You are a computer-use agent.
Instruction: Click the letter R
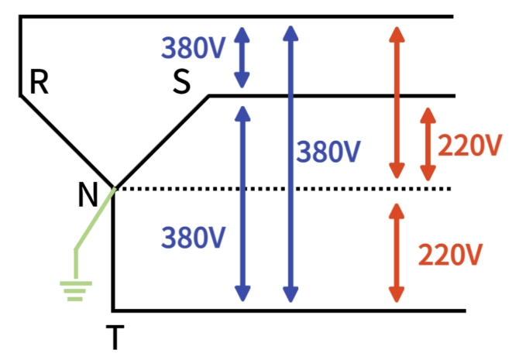(x=39, y=82)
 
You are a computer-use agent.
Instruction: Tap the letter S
(x=181, y=82)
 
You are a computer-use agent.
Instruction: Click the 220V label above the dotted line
(x=469, y=145)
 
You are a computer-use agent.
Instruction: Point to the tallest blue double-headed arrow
(x=290, y=163)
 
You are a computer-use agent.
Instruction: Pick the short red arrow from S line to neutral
(x=427, y=144)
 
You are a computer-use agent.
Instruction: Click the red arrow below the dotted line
(x=397, y=252)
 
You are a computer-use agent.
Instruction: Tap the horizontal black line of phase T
(x=294, y=310)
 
